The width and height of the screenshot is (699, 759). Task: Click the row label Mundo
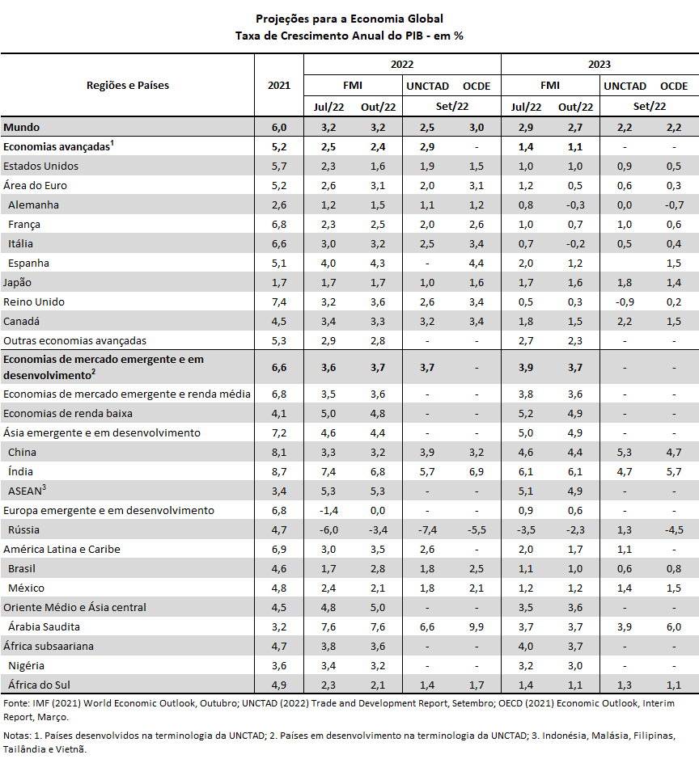tap(21, 127)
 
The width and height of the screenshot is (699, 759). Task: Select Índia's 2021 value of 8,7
tap(279, 471)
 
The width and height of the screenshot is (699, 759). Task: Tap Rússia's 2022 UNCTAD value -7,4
tap(427, 530)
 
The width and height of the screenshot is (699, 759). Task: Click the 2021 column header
tap(279, 86)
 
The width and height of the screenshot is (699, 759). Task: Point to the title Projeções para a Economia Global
tap(349, 19)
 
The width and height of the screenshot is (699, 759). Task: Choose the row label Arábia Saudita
tap(44, 627)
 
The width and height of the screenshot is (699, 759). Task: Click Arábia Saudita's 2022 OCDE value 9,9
tap(477, 627)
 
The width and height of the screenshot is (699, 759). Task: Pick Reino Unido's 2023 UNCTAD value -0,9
tap(625, 302)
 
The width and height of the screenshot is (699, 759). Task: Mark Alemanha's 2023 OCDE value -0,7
tap(674, 205)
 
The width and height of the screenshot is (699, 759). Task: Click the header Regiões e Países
tap(128, 86)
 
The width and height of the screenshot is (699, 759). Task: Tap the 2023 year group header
tap(599, 65)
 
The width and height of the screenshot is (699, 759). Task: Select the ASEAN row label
tap(28, 491)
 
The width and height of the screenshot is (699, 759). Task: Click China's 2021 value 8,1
tap(279, 452)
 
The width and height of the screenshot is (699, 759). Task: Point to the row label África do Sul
tap(39, 685)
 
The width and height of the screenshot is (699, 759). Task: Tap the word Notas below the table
tap(17, 736)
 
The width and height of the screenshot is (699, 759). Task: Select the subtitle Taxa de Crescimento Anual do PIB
tap(329, 36)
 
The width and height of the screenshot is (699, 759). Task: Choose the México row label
tap(26, 588)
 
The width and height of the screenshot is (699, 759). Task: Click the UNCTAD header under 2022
tap(427, 86)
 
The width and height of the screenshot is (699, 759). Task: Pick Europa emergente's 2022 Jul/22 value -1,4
tap(328, 511)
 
